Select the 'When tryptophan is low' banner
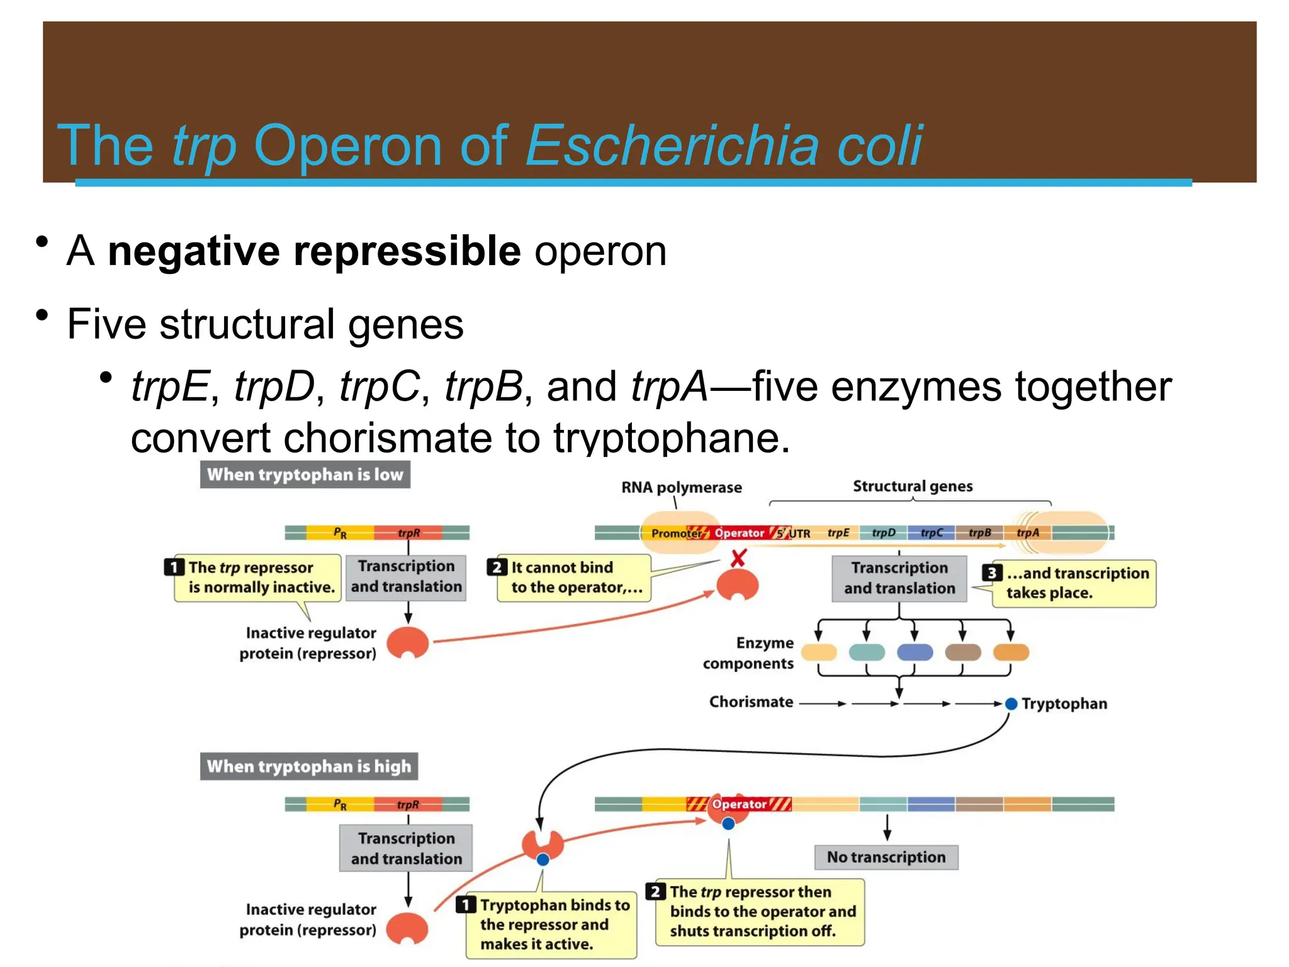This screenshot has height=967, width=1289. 305,474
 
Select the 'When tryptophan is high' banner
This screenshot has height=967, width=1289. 308,766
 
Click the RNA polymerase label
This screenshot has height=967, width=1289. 681,487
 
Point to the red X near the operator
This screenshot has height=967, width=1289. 738,558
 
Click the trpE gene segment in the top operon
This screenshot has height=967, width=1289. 838,533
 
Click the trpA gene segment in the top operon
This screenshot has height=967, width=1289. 1027,533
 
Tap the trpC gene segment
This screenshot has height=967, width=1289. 932,533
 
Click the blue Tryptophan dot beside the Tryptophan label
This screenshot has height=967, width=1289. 1011,704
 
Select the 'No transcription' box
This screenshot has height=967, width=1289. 886,857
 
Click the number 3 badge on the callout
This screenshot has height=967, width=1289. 992,573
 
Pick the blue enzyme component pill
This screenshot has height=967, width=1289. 915,652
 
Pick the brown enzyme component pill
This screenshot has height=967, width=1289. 962,652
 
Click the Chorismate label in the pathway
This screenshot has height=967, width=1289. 751,702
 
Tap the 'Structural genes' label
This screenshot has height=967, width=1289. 912,486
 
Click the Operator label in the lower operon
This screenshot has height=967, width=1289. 739,805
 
